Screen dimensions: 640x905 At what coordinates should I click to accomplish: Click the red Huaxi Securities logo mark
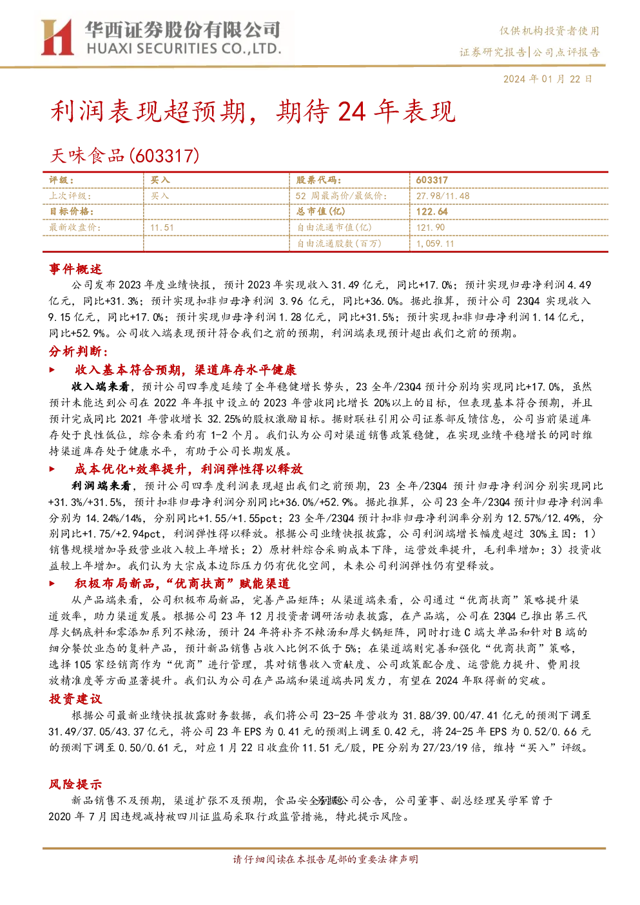click(57, 37)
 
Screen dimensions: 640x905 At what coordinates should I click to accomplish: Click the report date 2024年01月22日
click(547, 79)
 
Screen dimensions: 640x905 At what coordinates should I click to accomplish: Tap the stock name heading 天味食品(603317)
click(124, 155)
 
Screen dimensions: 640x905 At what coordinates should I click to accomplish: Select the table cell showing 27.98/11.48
click(443, 196)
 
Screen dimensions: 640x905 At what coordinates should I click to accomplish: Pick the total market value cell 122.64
click(432, 211)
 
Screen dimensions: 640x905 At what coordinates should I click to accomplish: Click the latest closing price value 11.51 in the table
click(162, 228)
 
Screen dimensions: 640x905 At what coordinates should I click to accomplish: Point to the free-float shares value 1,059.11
click(435, 244)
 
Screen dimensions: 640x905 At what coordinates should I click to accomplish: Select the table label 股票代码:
click(319, 180)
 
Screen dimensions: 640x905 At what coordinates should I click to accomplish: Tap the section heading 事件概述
click(75, 269)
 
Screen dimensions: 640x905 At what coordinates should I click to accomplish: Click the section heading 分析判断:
click(79, 351)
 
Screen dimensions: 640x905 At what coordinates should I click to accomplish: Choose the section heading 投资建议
click(75, 699)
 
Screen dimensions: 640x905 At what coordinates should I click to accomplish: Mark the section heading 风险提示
click(75, 784)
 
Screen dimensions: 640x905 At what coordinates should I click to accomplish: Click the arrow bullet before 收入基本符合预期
click(52, 370)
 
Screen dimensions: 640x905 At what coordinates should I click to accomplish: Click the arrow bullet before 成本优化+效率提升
click(52, 469)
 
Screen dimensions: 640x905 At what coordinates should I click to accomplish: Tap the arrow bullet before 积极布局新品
click(52, 583)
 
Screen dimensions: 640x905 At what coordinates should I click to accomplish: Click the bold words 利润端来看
click(101, 485)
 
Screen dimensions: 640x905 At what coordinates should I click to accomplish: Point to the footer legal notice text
click(325, 859)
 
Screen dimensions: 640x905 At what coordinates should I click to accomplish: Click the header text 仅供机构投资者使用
click(550, 31)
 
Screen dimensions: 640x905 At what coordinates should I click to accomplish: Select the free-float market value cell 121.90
click(431, 228)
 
